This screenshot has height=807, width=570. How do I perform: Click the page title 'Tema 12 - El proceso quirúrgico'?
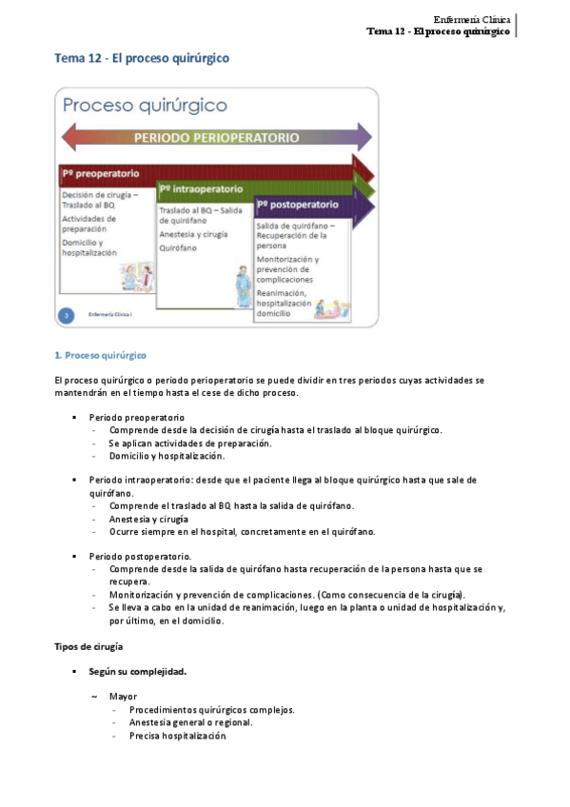(141, 59)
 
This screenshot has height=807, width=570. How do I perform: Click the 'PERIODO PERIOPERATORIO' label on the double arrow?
(216, 137)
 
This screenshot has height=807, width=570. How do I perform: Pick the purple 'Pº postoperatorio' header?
(297, 205)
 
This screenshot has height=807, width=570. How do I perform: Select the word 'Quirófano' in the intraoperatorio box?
(179, 247)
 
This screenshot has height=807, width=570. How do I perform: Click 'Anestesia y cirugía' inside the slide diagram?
(193, 233)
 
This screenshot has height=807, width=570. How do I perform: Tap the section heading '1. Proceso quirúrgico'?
(101, 355)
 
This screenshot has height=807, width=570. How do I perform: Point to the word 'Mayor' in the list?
(123, 696)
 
